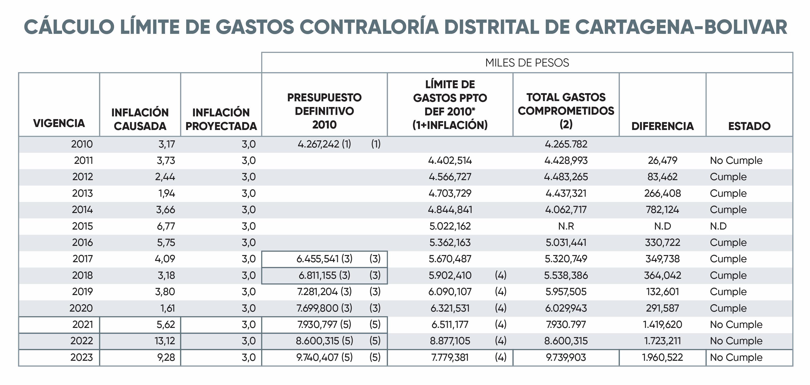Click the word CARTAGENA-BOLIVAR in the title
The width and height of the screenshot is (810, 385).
[681, 27]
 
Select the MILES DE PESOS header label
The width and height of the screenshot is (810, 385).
[527, 63]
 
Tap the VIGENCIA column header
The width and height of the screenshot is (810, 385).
[59, 123]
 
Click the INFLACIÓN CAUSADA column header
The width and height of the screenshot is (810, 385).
[140, 119]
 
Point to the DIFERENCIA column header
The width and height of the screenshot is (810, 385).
[663, 126]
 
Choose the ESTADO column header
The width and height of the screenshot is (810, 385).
[749, 126]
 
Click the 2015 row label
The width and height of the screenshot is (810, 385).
[82, 226]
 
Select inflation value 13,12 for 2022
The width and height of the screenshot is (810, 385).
[165, 341]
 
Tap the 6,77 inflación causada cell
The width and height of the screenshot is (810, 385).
[166, 226]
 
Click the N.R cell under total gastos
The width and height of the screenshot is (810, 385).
[566, 226]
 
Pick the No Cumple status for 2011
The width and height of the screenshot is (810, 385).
[736, 160]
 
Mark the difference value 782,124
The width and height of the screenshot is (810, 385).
[663, 210]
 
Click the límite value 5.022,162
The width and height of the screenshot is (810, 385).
[450, 226]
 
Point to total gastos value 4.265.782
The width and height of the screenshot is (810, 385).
[566, 144]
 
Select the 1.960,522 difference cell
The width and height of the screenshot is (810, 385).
[663, 357]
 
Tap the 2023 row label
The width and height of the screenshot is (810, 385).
[82, 357]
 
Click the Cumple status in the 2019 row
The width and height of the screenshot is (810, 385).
[728, 292]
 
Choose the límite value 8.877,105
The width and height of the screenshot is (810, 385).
[450, 341]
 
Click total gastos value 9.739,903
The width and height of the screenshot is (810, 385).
[566, 357]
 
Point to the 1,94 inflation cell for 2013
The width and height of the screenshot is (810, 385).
[167, 193]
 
